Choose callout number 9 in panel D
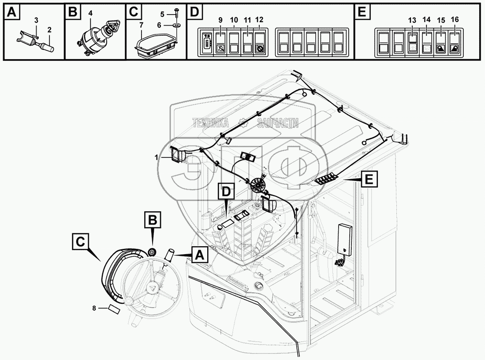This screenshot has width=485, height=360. point(220,20)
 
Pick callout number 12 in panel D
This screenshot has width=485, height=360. point(259,20)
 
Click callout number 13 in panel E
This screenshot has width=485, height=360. point(412,20)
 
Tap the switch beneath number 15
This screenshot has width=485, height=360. point(441,42)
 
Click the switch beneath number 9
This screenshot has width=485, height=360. point(220,42)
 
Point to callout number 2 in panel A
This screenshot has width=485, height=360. point(50,30)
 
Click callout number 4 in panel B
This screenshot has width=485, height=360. point(90,13)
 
